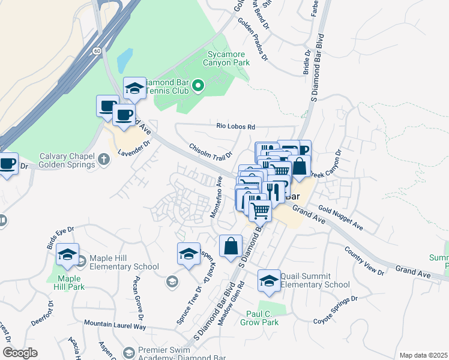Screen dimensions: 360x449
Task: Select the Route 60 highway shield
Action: click(x=97, y=52)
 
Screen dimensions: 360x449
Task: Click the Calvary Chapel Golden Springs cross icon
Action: click(x=104, y=159)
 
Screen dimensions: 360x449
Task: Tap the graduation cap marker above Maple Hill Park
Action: click(x=68, y=255)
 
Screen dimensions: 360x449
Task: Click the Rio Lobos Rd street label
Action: click(x=236, y=127)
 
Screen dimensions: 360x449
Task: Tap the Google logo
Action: click(x=20, y=353)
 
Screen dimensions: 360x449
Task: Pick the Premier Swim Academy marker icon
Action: click(x=128, y=353)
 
